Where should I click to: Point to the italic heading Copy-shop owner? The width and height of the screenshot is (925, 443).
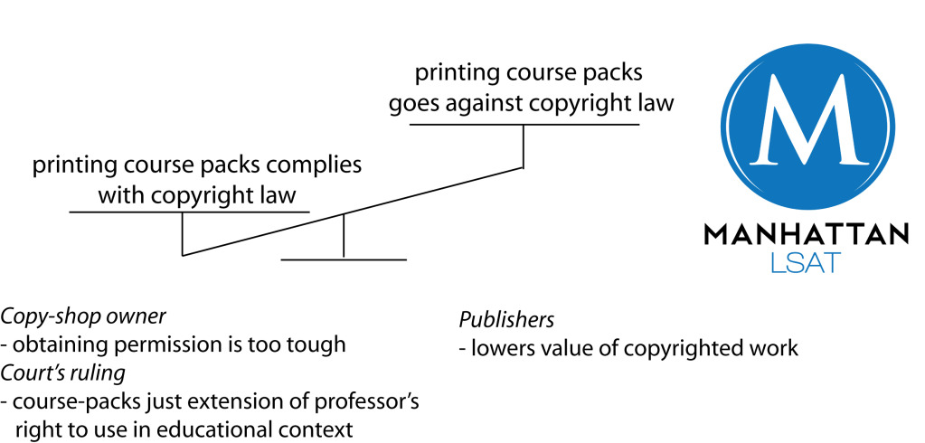point(84,316)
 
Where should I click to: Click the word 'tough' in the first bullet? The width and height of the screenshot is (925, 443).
point(322,344)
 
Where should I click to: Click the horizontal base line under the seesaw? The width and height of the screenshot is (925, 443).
point(344,259)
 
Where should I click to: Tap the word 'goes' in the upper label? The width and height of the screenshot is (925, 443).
point(413,103)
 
